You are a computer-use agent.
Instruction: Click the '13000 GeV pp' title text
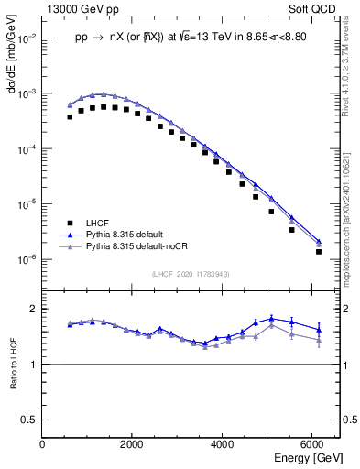click(x=79, y=8)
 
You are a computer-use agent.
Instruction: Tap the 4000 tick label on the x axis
click(x=223, y=445)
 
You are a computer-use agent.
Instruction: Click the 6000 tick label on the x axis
click(x=312, y=445)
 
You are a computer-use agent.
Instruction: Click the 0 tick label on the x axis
click(x=43, y=445)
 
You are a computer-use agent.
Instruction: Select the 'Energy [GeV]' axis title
click(x=310, y=458)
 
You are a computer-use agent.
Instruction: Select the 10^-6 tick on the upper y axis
click(x=27, y=259)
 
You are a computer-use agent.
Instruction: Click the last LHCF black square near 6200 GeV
click(x=319, y=251)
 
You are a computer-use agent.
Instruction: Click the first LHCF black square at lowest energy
click(x=70, y=117)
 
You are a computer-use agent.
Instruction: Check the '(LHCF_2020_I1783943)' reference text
click(x=191, y=274)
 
